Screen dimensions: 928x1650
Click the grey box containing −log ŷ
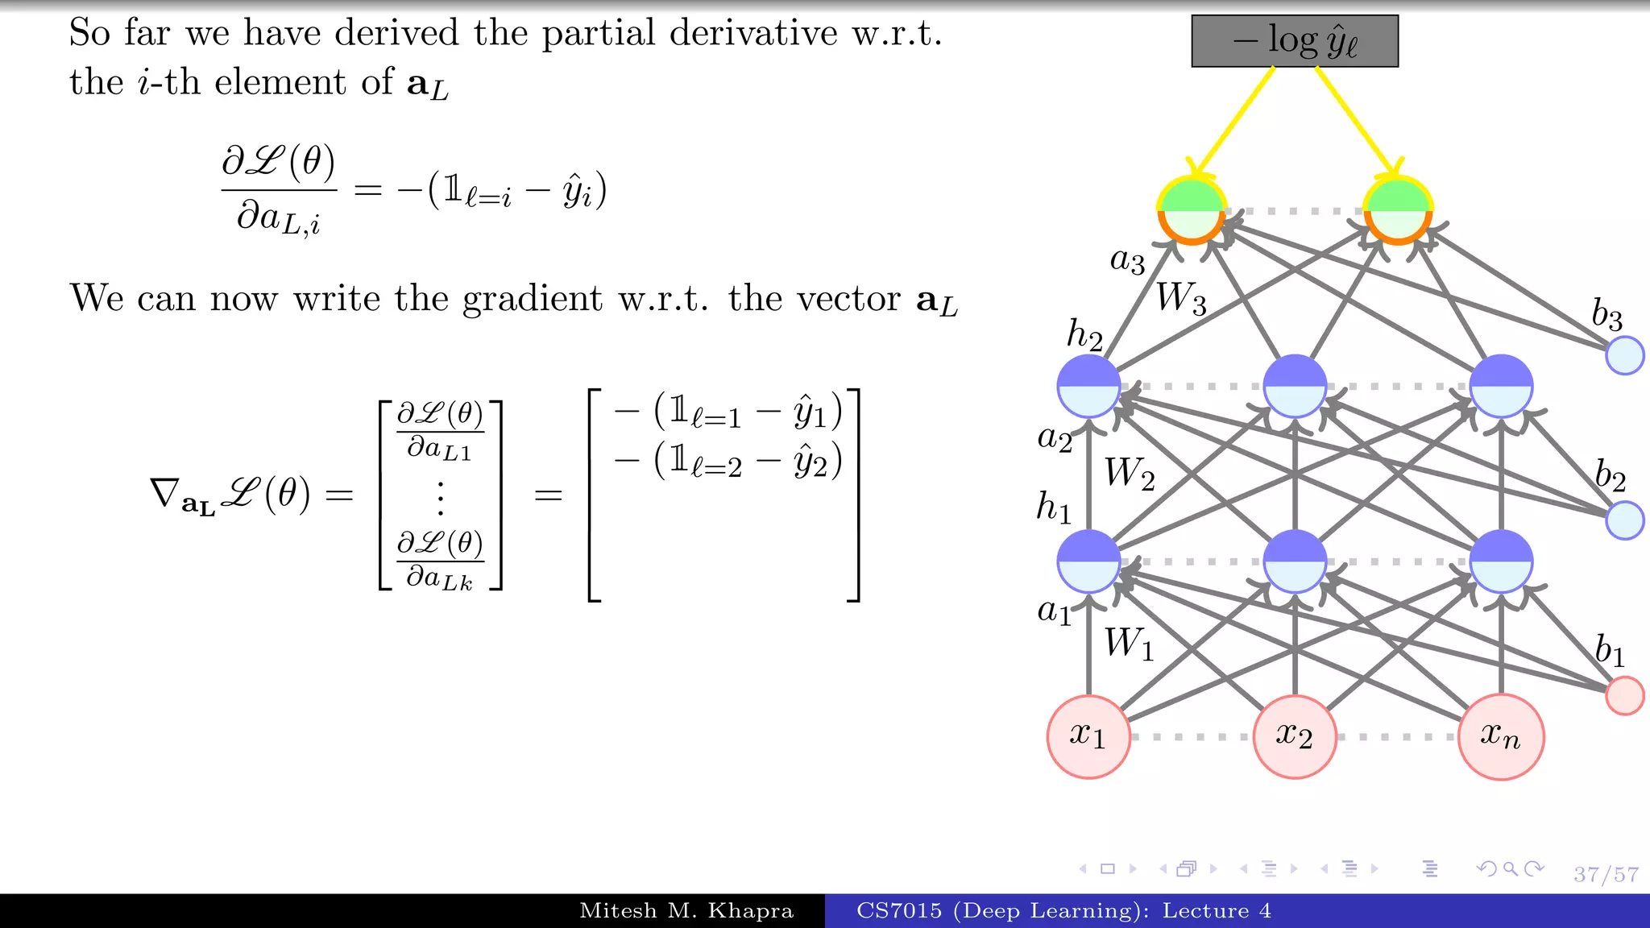pos(1294,41)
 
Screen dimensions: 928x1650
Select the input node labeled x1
pos(1088,736)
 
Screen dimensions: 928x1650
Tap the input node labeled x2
pos(1294,736)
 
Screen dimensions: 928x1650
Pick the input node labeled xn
pos(1500,736)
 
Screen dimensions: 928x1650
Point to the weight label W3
pos(1181,298)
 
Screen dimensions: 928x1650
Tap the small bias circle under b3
pos(1624,355)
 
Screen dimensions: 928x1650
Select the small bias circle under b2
pos(1624,520)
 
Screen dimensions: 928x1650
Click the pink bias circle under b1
pos(1624,695)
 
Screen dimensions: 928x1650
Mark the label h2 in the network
pos(1084,334)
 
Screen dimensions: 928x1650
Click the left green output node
pos(1192,210)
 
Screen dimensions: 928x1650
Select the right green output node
pos(1398,210)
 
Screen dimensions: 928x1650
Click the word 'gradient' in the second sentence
pos(532,299)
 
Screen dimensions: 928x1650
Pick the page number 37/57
pos(1606,874)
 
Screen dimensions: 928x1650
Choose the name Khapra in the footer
pos(750,911)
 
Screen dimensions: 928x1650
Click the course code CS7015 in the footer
pos(898,911)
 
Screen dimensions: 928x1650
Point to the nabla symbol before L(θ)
pos(164,492)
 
